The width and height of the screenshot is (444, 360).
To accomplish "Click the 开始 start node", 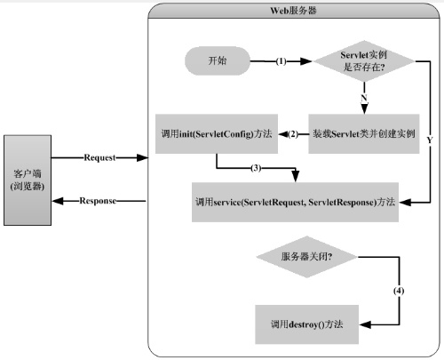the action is click(x=218, y=61).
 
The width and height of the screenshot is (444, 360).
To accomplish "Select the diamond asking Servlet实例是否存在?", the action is click(x=364, y=61).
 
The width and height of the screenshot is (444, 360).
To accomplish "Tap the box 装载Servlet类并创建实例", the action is click(x=364, y=134).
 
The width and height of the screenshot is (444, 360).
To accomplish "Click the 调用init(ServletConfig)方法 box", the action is click(x=217, y=134).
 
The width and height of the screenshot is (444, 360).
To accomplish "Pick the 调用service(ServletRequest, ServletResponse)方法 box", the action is click(x=295, y=202).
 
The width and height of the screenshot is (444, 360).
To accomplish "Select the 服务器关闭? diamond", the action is click(x=307, y=257).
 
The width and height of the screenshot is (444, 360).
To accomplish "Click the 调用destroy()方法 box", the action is click(x=307, y=324).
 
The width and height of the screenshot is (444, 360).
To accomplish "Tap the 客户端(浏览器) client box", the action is click(x=28, y=180).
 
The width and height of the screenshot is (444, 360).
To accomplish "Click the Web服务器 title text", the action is click(x=293, y=11).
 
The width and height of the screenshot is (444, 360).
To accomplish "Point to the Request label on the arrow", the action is click(x=99, y=157).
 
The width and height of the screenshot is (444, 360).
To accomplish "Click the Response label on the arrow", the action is click(x=98, y=201).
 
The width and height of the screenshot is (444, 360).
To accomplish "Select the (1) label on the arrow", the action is click(x=281, y=61).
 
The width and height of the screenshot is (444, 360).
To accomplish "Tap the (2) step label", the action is click(x=293, y=134).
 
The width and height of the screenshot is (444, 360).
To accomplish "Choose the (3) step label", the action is click(x=256, y=168).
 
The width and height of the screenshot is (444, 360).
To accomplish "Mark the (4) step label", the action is click(x=399, y=291).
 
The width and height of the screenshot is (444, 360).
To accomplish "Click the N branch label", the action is click(x=364, y=98).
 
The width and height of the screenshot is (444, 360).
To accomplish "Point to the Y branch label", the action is click(x=430, y=140).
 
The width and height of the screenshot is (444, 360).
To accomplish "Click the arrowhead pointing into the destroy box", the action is click(x=365, y=324).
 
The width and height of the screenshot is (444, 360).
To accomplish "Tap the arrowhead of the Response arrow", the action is click(x=58, y=201).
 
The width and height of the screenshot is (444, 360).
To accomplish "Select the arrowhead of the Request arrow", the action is click(x=142, y=157).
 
